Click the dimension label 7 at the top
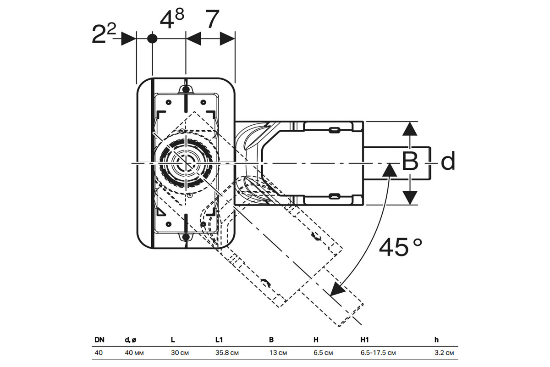click(x=210, y=19)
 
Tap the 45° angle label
click(x=400, y=248)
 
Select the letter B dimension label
click(x=410, y=161)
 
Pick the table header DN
click(x=99, y=340)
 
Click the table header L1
click(x=219, y=340)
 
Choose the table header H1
click(x=365, y=340)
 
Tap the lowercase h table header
click(x=437, y=340)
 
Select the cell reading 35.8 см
click(x=227, y=353)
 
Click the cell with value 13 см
click(x=278, y=353)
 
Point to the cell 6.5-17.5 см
click(x=378, y=353)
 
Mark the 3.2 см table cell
click(x=444, y=353)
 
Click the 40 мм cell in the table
click(x=134, y=353)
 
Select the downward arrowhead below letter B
click(x=411, y=198)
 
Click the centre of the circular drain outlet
click(x=185, y=163)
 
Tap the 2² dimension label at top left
click(x=104, y=35)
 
